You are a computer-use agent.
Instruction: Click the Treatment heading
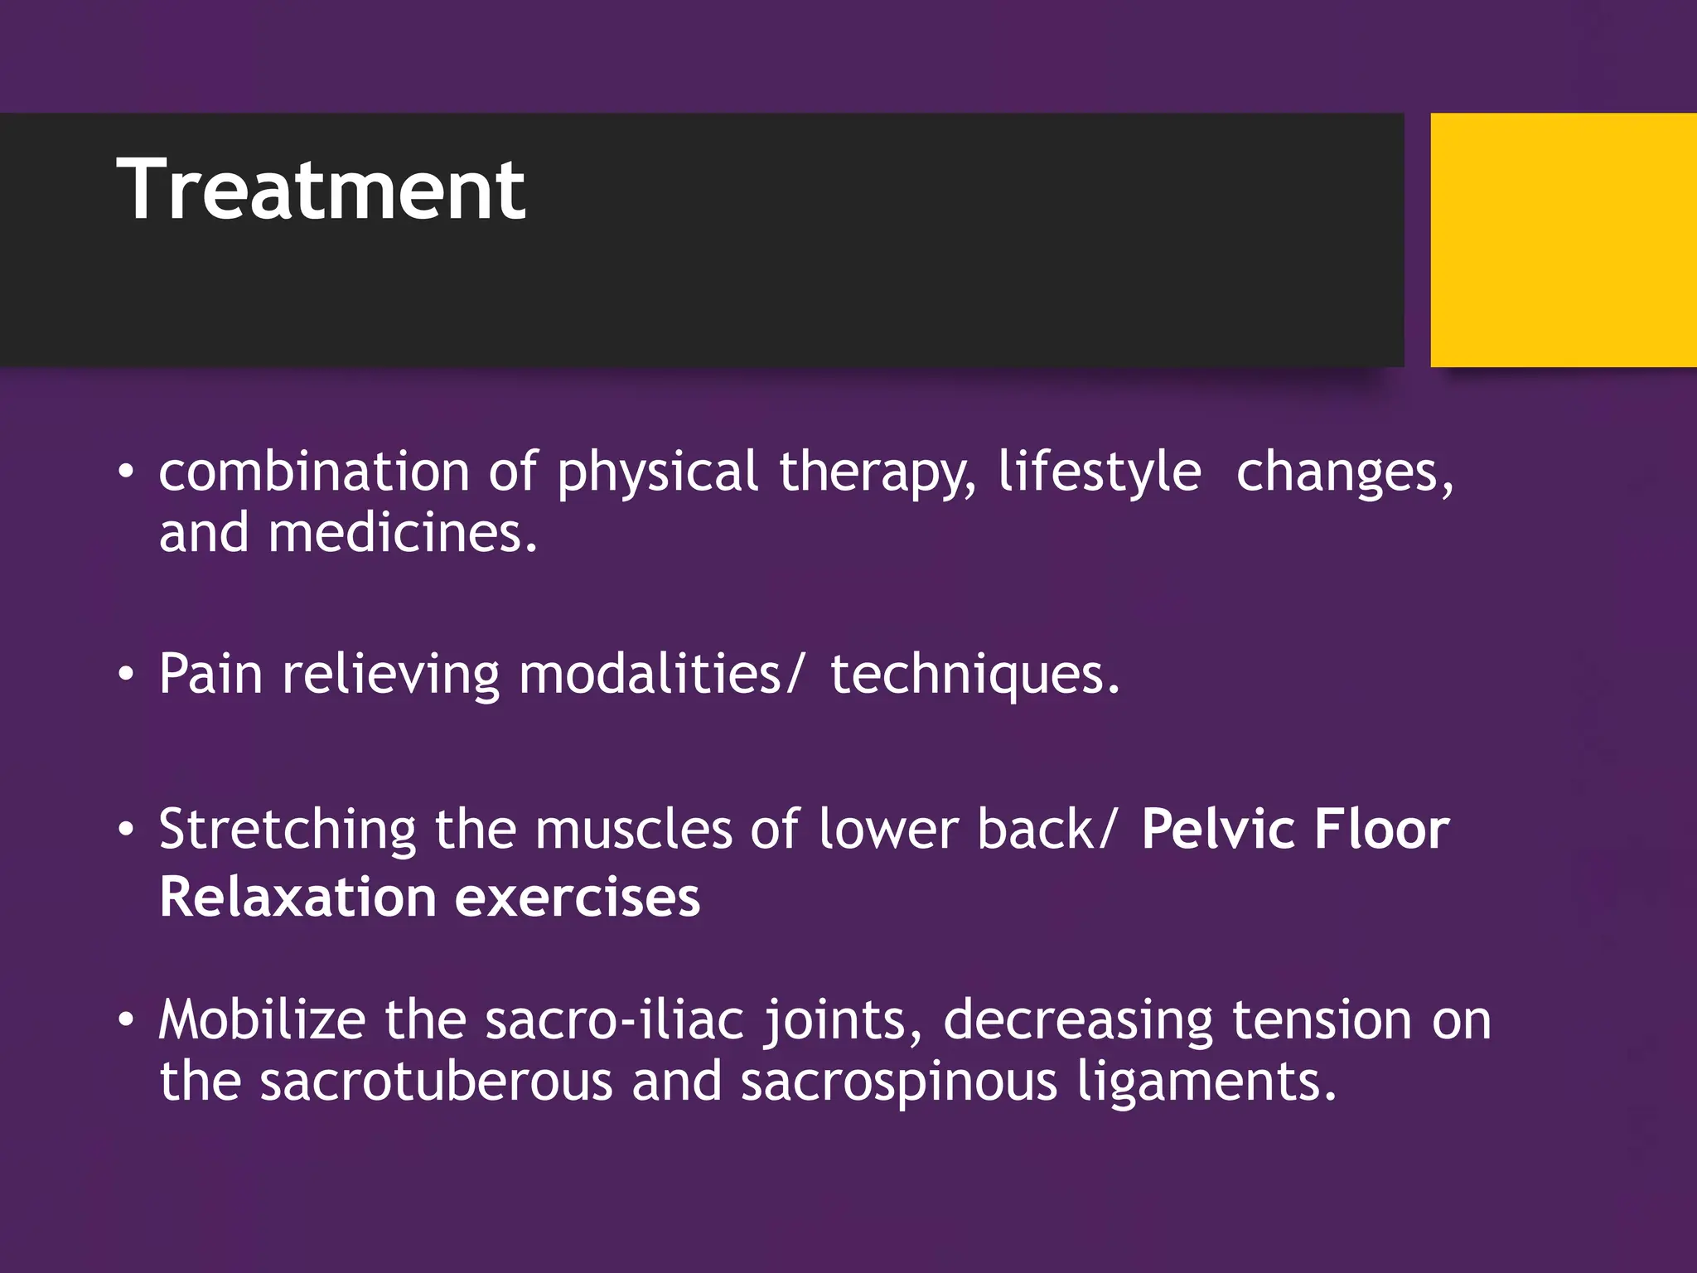pyautogui.click(x=321, y=191)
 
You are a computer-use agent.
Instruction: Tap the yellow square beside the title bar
pyautogui.click(x=1563, y=240)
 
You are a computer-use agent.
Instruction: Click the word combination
pyautogui.click(x=314, y=472)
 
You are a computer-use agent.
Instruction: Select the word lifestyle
pyautogui.click(x=1099, y=472)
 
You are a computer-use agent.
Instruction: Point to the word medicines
pyautogui.click(x=403, y=533)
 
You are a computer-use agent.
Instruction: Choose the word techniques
pyautogui.click(x=974, y=675)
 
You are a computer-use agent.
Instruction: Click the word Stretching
pyautogui.click(x=288, y=830)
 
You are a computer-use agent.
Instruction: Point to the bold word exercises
pyautogui.click(x=578, y=898)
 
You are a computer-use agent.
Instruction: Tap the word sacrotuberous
pyautogui.click(x=436, y=1082)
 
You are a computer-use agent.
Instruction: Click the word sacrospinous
pyautogui.click(x=899, y=1083)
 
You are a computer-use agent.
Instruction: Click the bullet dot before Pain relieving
pyautogui.click(x=125, y=675)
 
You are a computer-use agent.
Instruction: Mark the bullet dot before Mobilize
pyautogui.click(x=125, y=1020)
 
